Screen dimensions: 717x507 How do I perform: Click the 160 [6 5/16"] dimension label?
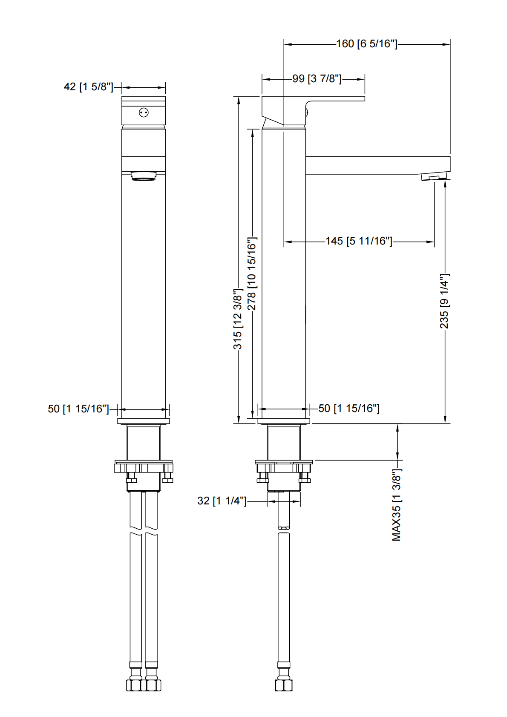(366, 44)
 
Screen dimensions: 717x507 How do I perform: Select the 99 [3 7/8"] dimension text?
(317, 79)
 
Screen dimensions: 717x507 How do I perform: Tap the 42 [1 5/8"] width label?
(89, 87)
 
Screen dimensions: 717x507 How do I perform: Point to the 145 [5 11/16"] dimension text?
(359, 241)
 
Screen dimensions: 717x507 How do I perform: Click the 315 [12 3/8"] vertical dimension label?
(238, 319)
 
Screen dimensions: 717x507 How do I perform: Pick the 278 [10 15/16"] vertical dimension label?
(252, 274)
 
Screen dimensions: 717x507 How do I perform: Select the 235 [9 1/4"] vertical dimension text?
(444, 301)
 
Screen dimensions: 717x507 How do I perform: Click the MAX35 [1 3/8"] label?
(397, 505)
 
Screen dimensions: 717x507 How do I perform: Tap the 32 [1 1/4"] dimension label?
(222, 501)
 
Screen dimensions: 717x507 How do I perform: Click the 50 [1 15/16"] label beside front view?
(78, 409)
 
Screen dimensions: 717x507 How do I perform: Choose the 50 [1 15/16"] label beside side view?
(349, 409)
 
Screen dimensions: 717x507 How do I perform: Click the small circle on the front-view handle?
(144, 113)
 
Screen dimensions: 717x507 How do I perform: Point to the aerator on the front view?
(144, 176)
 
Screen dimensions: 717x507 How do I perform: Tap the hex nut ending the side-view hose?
(284, 685)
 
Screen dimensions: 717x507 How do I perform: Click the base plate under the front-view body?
(144, 421)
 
